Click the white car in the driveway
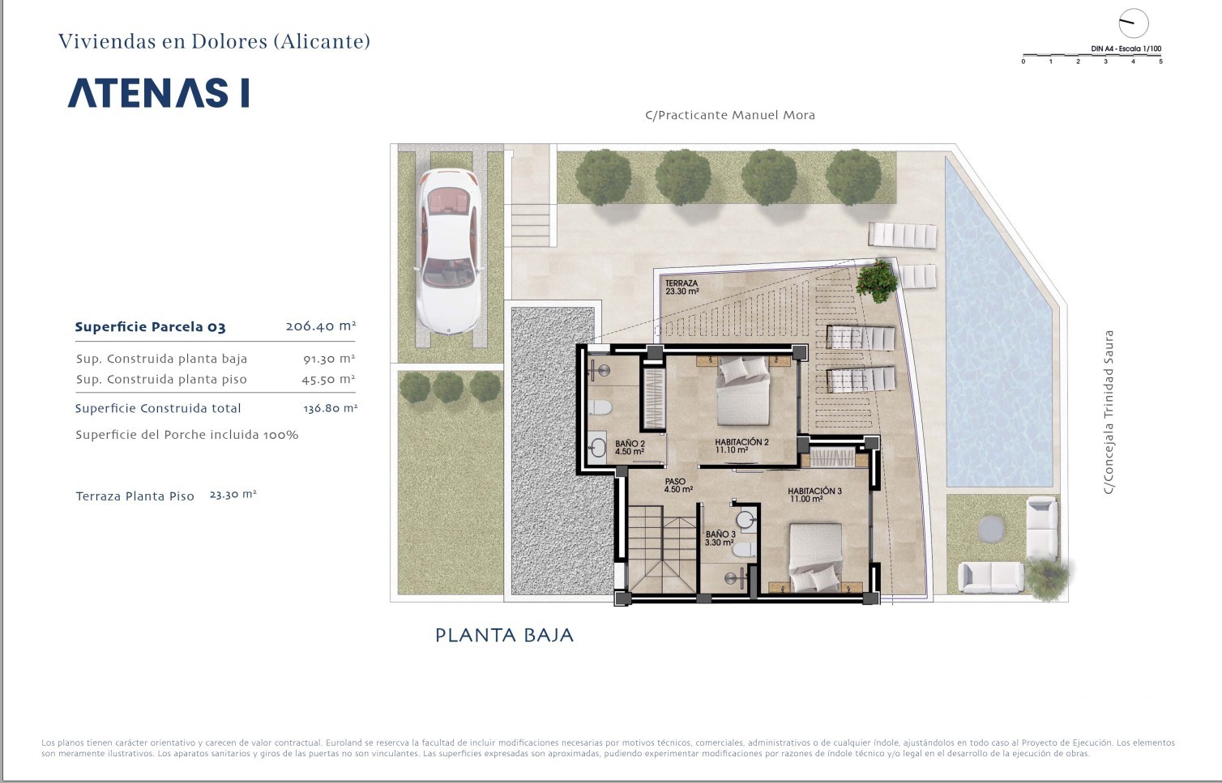(x=448, y=251)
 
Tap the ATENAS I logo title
(x=159, y=92)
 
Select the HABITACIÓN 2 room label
(x=741, y=445)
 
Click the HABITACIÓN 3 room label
(x=814, y=495)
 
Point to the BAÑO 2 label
(x=630, y=448)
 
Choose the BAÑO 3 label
(x=720, y=538)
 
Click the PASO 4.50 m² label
(x=678, y=485)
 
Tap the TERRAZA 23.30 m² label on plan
(x=682, y=287)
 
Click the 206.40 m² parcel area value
(x=321, y=326)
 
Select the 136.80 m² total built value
(x=330, y=408)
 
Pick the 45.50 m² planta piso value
(x=328, y=379)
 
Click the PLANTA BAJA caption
(x=504, y=636)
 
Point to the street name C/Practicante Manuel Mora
(x=730, y=115)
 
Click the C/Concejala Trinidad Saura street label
(x=1109, y=412)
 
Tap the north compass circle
(x=1134, y=23)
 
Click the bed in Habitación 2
(x=743, y=390)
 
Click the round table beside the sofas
(x=991, y=529)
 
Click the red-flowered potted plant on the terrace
(x=877, y=281)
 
